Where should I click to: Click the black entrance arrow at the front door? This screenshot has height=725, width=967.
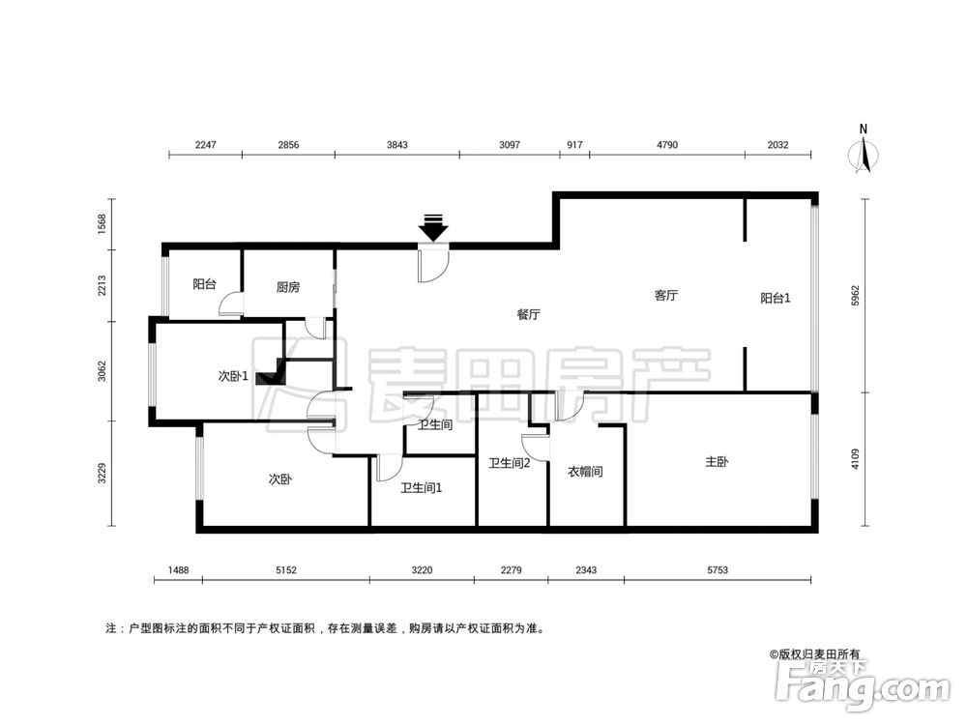(433, 228)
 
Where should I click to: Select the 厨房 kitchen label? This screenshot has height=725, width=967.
(288, 286)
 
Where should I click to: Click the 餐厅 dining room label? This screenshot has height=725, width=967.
(528, 314)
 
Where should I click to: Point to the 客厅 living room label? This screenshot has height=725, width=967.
(666, 296)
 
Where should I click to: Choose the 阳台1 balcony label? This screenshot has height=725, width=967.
(776, 299)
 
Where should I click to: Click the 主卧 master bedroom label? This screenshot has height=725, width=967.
(717, 462)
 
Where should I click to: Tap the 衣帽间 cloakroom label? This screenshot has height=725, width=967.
(585, 472)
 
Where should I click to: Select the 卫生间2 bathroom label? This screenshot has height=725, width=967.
(510, 463)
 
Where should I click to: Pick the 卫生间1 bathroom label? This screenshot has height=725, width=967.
(422, 487)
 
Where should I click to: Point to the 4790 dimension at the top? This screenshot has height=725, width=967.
(667, 145)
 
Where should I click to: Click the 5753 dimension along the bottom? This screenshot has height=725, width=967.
(717, 571)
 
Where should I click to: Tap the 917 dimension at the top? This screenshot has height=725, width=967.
(573, 145)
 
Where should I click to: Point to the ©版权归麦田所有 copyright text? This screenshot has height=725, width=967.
(814, 654)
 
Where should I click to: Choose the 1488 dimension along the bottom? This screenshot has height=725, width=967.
(177, 571)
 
